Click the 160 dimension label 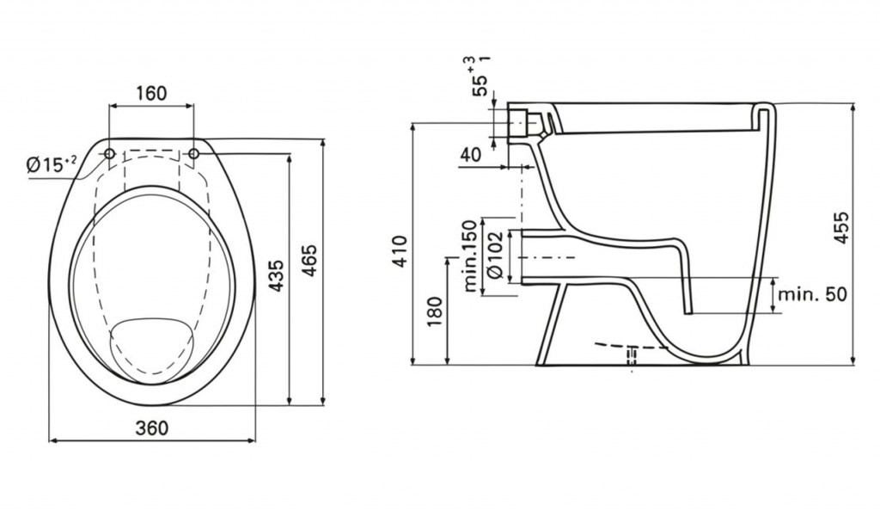(151, 93)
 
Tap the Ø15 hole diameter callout (51, 164)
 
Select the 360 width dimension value (151, 428)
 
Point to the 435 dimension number (274, 275)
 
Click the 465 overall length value (309, 260)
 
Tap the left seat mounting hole (109, 153)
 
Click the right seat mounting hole (193, 153)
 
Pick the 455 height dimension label (840, 227)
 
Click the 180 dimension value (434, 312)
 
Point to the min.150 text (470, 256)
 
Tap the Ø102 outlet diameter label (493, 256)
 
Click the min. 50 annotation (811, 293)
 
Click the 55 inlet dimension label (481, 77)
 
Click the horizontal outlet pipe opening (523, 256)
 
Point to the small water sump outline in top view (152, 347)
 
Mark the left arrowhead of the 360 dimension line (52, 440)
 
